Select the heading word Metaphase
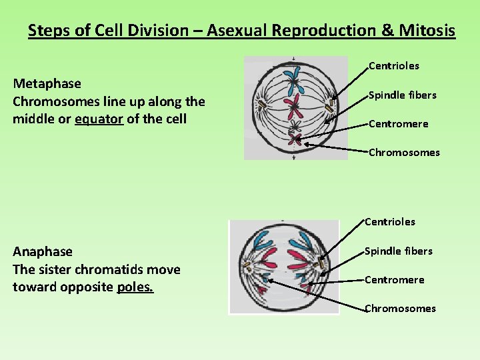(47, 84)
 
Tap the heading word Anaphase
(43, 252)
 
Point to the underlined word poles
(135, 287)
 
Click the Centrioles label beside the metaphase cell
(394, 66)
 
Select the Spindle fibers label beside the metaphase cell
(403, 95)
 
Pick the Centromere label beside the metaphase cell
(399, 124)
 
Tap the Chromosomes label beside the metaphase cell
(404, 153)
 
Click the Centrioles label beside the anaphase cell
(390, 222)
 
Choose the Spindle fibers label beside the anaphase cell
(399, 251)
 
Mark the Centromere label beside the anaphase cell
(395, 280)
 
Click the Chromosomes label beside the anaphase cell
(400, 309)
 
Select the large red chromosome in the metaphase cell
(294, 107)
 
